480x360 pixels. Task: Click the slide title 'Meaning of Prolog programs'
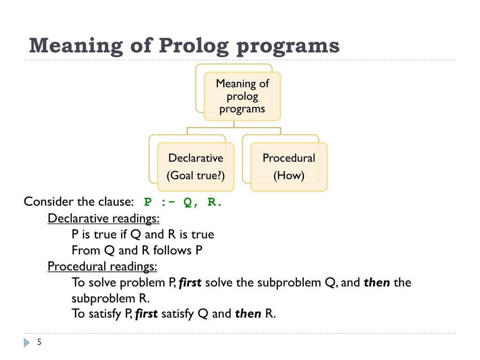pyautogui.click(x=184, y=46)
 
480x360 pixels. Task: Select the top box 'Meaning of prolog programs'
pyautogui.click(x=242, y=96)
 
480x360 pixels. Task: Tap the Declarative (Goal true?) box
pyautogui.click(x=195, y=167)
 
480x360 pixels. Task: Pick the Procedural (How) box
pyautogui.click(x=289, y=167)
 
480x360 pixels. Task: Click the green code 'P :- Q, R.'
pyautogui.click(x=183, y=202)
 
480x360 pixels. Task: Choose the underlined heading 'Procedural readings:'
pyautogui.click(x=102, y=266)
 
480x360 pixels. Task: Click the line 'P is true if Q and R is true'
pyautogui.click(x=142, y=234)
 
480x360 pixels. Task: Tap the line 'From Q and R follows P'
pyautogui.click(x=137, y=250)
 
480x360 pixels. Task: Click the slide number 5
pyautogui.click(x=39, y=343)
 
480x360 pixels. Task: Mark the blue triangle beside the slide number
pyautogui.click(x=26, y=343)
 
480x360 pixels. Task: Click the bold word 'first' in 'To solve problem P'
pyautogui.click(x=190, y=283)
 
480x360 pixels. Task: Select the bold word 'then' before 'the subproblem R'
pyautogui.click(x=377, y=283)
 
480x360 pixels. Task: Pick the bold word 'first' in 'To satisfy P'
pyautogui.click(x=146, y=314)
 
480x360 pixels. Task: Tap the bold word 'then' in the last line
pyautogui.click(x=248, y=314)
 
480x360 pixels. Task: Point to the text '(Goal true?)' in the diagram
pyautogui.click(x=195, y=176)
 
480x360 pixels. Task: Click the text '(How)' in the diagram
pyautogui.click(x=289, y=176)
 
